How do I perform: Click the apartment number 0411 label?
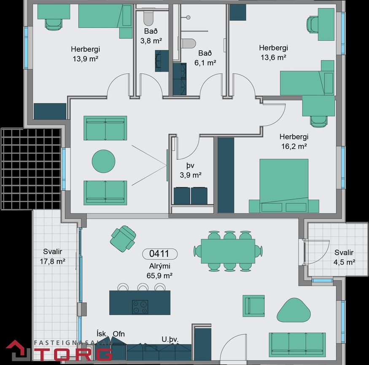160,254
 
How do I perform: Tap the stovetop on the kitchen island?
140,307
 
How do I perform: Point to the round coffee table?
103,161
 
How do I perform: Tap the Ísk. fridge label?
102,333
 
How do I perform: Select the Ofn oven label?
119,334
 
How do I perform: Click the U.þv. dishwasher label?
170,339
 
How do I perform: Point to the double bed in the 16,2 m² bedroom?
284,186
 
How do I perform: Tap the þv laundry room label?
190,165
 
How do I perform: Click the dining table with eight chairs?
228,251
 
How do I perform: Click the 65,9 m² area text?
159,275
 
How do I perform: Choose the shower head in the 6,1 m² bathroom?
188,17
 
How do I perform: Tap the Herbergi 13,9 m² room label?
86,54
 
